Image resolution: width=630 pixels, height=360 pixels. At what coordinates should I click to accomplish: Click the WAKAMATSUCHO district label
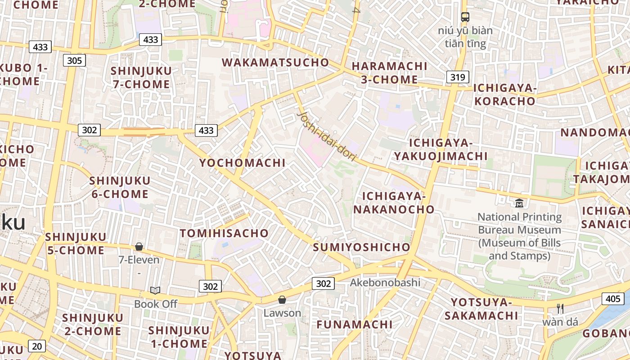pyautogui.click(x=275, y=63)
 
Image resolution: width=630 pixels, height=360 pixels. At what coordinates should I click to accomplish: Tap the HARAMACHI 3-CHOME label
pyautogui.click(x=389, y=72)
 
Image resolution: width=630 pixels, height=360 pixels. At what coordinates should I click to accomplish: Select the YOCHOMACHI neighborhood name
pyautogui.click(x=242, y=163)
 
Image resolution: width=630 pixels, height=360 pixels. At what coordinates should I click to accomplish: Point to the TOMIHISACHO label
pyautogui.click(x=224, y=233)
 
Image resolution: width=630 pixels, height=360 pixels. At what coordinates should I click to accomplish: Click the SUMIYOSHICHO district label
pyautogui.click(x=361, y=247)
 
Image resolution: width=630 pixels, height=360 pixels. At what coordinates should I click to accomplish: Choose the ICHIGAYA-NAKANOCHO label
pyautogui.click(x=394, y=202)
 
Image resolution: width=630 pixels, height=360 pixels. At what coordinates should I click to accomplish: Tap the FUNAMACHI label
pyautogui.click(x=355, y=324)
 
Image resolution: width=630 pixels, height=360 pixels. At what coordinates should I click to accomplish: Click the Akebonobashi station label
pyautogui.click(x=385, y=283)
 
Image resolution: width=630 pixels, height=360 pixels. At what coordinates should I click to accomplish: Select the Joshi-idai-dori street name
pyautogui.click(x=327, y=136)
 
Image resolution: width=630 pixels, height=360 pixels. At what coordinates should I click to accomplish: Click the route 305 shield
pyautogui.click(x=74, y=60)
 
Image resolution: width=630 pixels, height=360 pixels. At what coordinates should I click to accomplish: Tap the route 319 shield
pyautogui.click(x=458, y=77)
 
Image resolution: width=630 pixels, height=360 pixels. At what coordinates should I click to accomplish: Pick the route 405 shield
pyautogui.click(x=613, y=298)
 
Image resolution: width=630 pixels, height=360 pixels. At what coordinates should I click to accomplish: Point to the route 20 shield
pyautogui.click(x=37, y=346)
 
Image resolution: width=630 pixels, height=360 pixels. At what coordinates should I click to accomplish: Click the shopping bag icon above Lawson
pyautogui.click(x=282, y=300)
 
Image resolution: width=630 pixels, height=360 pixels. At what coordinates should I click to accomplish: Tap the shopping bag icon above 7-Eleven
pyautogui.click(x=139, y=247)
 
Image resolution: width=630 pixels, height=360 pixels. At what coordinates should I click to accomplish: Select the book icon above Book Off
pyautogui.click(x=155, y=291)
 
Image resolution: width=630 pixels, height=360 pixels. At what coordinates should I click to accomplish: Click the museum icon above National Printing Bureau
pyautogui.click(x=519, y=203)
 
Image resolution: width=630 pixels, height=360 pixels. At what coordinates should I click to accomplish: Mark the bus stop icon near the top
pyautogui.click(x=465, y=17)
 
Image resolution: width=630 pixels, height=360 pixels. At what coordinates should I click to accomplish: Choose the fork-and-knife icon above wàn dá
pyautogui.click(x=560, y=309)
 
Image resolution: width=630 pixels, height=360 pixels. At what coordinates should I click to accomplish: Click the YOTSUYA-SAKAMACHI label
pyautogui.click(x=481, y=309)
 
